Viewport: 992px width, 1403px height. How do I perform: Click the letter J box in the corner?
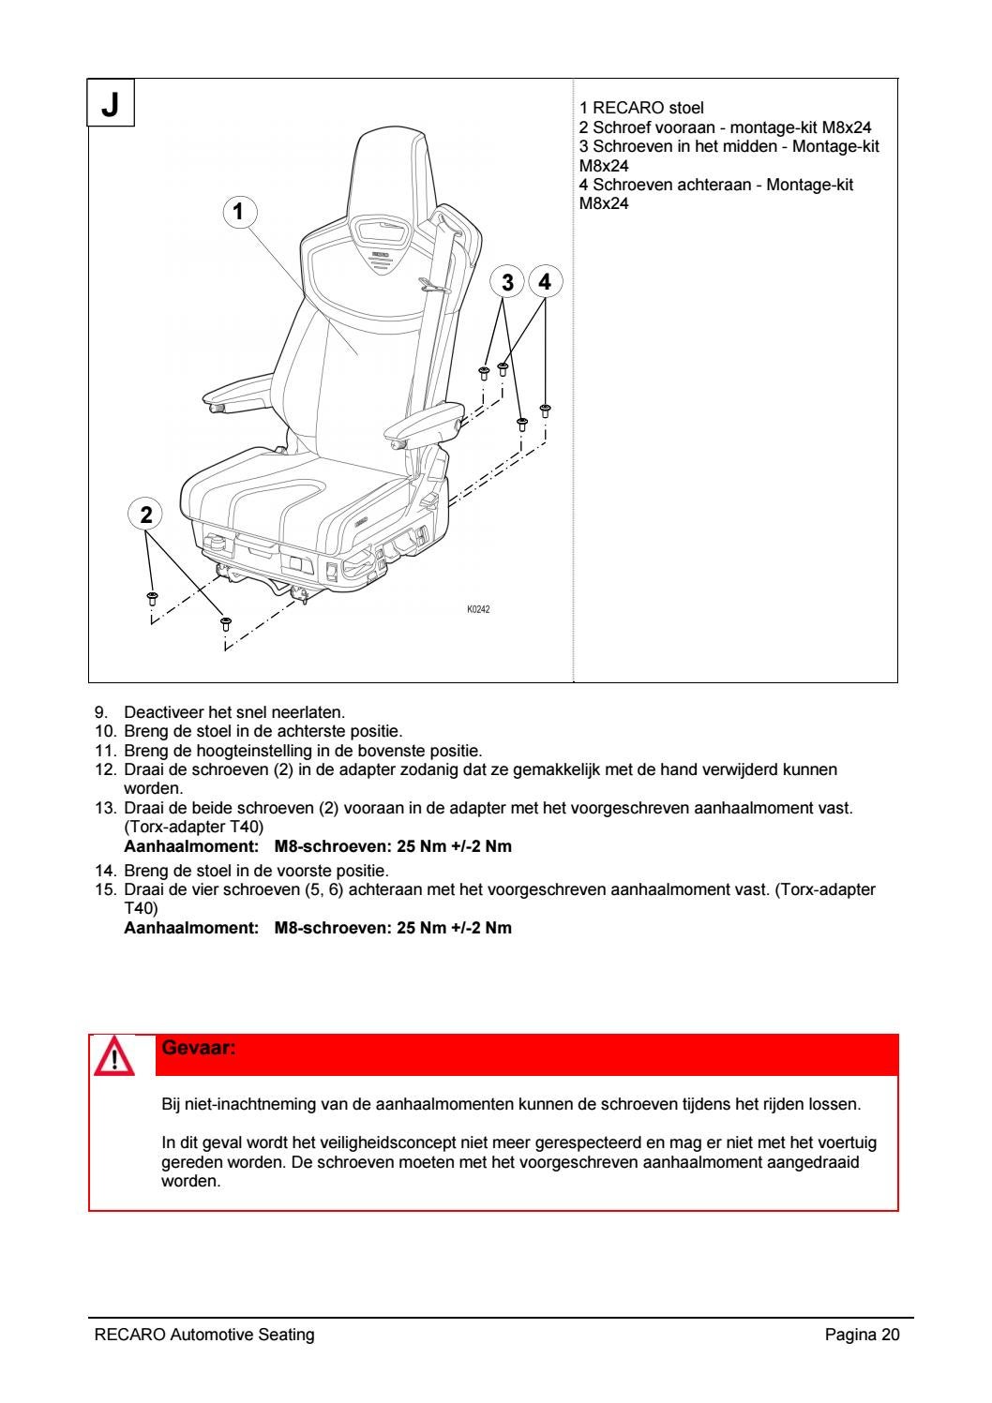(111, 103)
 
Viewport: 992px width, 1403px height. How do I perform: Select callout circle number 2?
(145, 514)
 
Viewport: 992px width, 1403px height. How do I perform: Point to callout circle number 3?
(507, 281)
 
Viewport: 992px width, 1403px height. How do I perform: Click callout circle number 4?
(546, 281)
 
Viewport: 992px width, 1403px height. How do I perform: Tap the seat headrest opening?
(381, 228)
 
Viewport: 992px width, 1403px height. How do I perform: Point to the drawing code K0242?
(478, 609)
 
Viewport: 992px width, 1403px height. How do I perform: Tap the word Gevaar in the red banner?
(197, 1047)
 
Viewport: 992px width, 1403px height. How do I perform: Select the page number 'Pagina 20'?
(862, 1336)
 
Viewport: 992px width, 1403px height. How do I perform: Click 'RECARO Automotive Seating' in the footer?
(204, 1336)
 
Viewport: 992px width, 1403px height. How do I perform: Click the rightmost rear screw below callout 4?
(545, 410)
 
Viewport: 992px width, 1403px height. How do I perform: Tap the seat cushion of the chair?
(281, 497)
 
